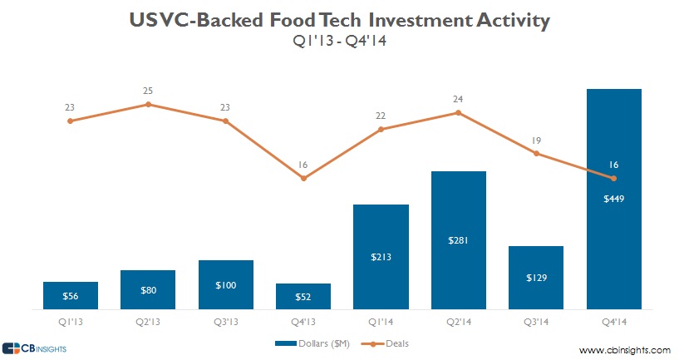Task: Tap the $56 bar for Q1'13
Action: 71,295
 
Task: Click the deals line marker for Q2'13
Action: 148,105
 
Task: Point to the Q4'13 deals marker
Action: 303,178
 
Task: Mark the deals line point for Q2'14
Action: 458,112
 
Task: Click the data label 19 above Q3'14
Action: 536,141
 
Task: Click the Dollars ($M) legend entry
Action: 312,343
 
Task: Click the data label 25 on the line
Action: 148,90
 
